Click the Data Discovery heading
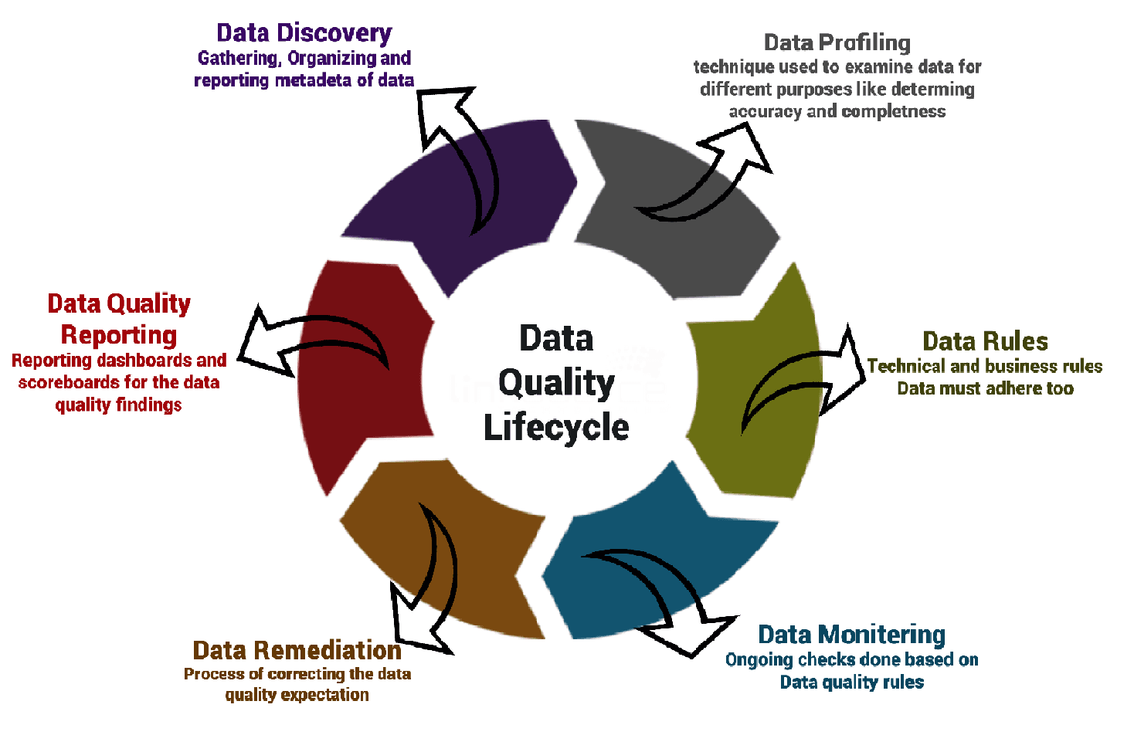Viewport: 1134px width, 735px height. tap(304, 32)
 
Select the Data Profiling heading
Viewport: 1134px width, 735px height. tap(837, 42)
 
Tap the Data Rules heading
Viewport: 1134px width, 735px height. tap(985, 340)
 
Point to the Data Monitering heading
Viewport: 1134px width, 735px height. tap(851, 635)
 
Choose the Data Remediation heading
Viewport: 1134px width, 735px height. tap(297, 650)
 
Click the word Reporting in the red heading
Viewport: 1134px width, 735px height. tap(118, 335)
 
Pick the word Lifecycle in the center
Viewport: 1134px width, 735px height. tap(556, 427)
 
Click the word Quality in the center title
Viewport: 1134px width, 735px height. tap(556, 383)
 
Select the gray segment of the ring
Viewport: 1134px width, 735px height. tap(680, 239)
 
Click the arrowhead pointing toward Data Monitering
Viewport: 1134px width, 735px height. tap(695, 633)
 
